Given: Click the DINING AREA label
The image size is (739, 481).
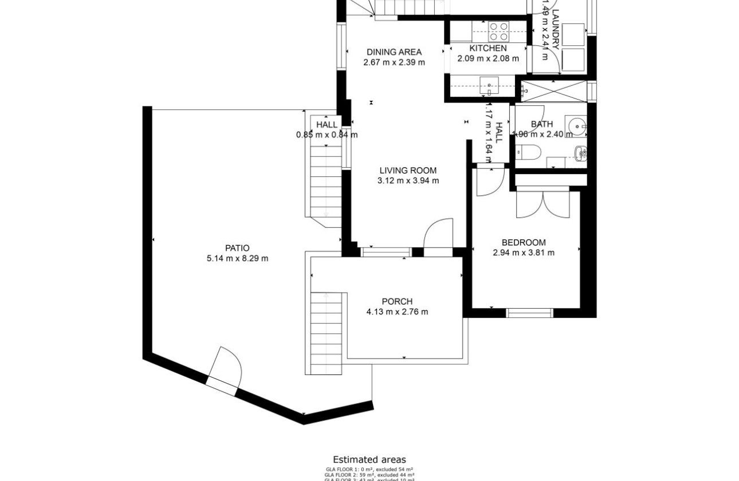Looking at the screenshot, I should point(394,52).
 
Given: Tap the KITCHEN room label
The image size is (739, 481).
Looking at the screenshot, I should point(488,48).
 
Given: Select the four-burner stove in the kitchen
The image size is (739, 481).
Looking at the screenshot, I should point(499,29).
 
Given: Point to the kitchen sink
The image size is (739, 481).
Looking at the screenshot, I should point(489,86).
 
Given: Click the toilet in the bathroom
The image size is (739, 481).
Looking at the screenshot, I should point(528,152).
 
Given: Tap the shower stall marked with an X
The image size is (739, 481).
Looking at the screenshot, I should point(553,91).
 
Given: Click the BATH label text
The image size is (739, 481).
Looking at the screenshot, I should point(541,124).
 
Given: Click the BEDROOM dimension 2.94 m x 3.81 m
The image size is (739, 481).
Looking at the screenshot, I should point(524,253).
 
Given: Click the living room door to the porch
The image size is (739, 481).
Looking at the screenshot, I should point(438,235).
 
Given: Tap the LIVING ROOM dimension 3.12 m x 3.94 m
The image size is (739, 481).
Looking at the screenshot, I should point(408,181).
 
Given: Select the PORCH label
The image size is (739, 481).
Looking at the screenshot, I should point(397,302).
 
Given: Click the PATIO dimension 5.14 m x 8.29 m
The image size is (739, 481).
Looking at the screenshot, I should point(237,258).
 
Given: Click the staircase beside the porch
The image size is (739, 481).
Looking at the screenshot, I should point(327,332).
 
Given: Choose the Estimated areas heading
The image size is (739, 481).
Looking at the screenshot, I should point(369,459).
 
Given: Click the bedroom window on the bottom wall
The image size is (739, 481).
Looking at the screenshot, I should point(529,313).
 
